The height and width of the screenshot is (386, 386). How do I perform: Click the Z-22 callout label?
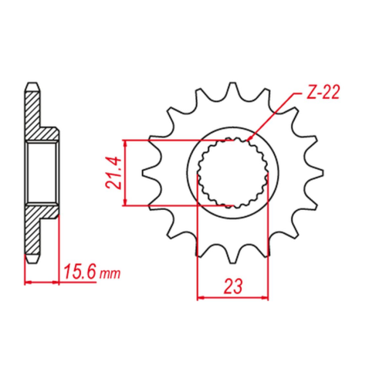323,92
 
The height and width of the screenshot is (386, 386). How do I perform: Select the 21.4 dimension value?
113,173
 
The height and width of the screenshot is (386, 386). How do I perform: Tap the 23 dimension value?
233,286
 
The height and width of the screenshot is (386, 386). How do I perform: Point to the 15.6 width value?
80,271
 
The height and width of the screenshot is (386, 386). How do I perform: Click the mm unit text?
110,274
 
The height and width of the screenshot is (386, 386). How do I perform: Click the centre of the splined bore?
232,173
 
